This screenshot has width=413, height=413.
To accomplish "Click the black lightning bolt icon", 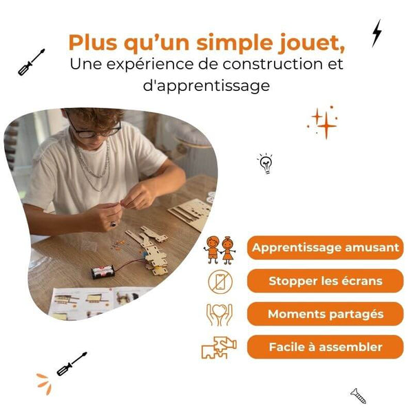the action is pos(377,34).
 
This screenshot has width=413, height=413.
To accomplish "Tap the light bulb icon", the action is pos(265,163).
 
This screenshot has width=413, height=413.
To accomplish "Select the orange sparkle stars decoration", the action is pos(322,123).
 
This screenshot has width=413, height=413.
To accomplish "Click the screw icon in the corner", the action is pos(358,396).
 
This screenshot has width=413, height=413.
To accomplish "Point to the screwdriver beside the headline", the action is pos(31,62).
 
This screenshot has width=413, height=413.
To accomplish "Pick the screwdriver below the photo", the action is pos(72,363).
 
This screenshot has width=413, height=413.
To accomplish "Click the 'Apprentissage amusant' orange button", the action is pos(325,248).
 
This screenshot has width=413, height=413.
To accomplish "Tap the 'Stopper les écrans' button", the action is pos(325,281).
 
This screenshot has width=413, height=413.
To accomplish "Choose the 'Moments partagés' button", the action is pos(325,314).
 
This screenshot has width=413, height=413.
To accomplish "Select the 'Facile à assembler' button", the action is pos(325,347).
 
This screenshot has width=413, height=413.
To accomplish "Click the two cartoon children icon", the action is pos(220,251).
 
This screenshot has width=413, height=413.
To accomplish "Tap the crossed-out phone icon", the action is pos(220,282).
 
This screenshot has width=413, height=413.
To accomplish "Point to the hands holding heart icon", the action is pos(220,315).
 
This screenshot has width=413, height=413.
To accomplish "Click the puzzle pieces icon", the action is pos(219,348).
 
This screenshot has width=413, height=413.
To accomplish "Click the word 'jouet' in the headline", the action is pos(312,43).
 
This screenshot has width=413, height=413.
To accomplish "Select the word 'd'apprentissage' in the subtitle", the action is pos(206,85).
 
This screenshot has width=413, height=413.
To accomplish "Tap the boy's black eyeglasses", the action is pos(96,129).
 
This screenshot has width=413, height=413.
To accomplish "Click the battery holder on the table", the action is pos(103,272).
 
